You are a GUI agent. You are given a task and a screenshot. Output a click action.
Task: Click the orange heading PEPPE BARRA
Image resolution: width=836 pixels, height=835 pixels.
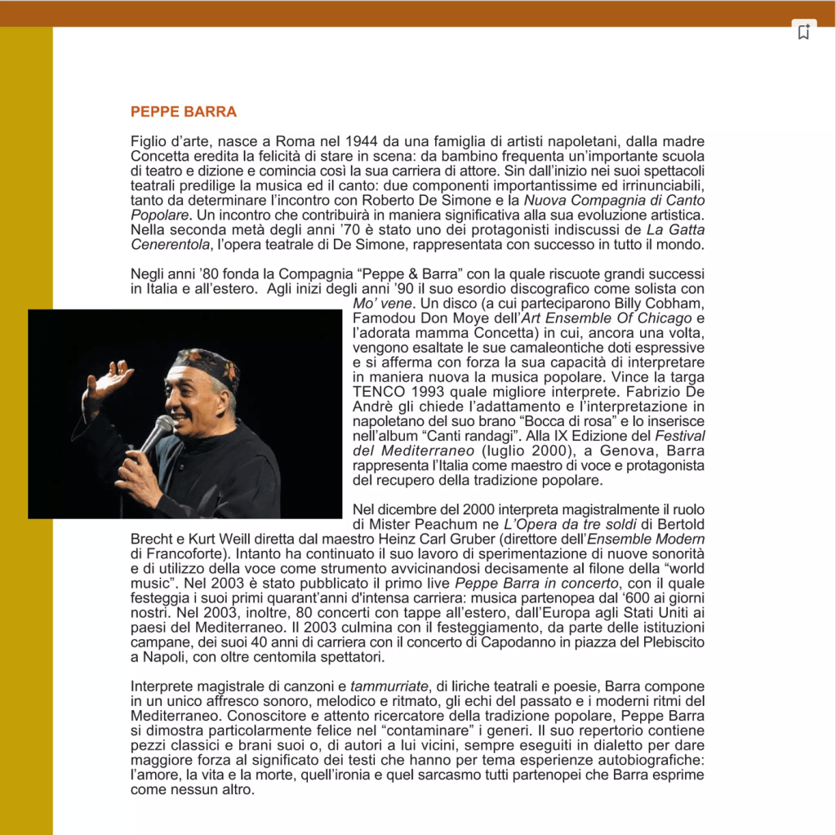click(x=184, y=112)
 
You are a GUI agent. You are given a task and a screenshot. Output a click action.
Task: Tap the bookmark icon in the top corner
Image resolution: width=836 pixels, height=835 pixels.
click(x=803, y=33)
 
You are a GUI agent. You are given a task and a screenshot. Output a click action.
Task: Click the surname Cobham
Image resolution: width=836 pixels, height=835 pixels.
click(x=673, y=303)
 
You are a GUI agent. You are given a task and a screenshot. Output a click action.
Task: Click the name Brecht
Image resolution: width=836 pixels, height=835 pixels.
click(x=153, y=540)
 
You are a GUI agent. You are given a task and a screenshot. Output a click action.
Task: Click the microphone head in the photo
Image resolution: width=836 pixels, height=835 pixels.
click(x=162, y=425)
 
